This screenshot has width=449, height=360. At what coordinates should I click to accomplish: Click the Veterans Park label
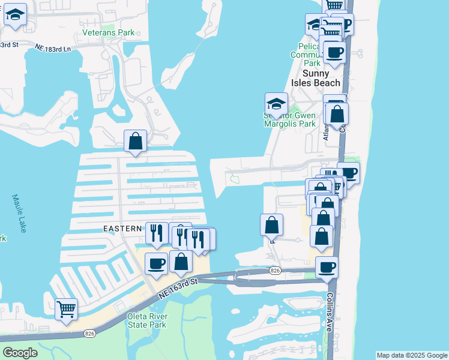tap(109, 32)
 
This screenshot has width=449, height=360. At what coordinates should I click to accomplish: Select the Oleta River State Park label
tap(146, 320)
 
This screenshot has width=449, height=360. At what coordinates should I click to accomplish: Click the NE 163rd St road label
tap(179, 287)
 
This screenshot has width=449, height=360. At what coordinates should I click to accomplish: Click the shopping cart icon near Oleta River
tap(66, 310)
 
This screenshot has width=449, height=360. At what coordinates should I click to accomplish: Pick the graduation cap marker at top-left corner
tap(15, 15)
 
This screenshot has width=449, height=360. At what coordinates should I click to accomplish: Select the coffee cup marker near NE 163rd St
tap(156, 263)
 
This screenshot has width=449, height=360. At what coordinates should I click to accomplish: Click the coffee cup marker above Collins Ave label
tap(327, 267)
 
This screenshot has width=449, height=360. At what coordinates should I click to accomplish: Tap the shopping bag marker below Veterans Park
tap(136, 142)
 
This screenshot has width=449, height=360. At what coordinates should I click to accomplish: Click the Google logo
tap(20, 353)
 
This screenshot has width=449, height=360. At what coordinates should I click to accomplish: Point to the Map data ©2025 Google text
tap(412, 355)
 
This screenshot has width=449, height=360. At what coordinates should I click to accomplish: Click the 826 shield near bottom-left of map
tap(89, 334)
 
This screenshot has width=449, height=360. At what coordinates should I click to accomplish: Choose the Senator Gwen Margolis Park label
tap(289, 119)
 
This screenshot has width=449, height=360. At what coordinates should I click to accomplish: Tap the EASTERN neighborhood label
tap(123, 229)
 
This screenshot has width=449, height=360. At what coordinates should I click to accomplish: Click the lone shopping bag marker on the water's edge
tap(271, 225)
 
